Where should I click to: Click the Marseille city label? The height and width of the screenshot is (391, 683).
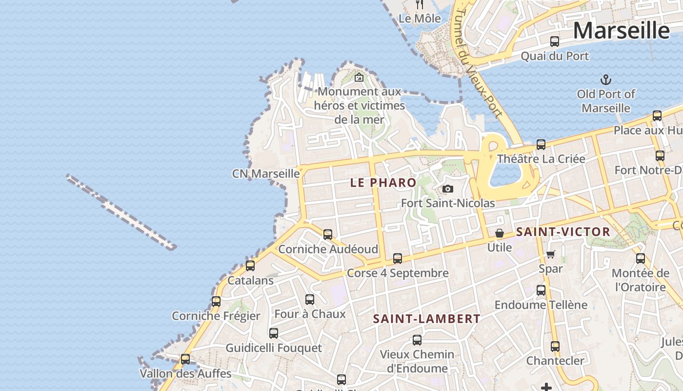[621, 30]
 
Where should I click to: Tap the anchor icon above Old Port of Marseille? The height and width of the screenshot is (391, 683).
[605, 79]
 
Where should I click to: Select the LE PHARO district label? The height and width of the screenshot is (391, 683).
[383, 183]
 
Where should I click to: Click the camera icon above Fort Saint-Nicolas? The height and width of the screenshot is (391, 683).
[447, 189]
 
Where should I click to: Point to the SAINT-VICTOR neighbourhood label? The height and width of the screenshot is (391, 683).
[563, 232]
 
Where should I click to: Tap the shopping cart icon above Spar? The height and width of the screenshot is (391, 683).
[551, 254]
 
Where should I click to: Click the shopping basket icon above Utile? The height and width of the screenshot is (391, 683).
[500, 234]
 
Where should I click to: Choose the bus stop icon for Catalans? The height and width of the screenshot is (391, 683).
[250, 266]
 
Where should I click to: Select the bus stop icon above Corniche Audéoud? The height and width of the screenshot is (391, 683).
[328, 235]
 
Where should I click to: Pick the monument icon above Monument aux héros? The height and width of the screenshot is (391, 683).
[359, 77]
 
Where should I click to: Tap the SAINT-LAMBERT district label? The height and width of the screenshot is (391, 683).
[427, 319]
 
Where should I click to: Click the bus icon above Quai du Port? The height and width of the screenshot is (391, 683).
[555, 42]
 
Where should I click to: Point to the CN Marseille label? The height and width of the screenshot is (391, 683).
[266, 174]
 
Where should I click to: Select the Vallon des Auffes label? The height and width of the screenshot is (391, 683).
[185, 374]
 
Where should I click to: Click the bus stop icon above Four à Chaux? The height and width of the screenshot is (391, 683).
[310, 300]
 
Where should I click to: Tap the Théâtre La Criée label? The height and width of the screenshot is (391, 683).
[541, 159]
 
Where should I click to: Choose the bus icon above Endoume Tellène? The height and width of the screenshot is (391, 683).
[541, 290]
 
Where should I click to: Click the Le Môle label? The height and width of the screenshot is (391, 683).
[420, 19]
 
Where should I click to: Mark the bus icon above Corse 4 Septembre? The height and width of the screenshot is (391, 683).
[398, 259]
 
